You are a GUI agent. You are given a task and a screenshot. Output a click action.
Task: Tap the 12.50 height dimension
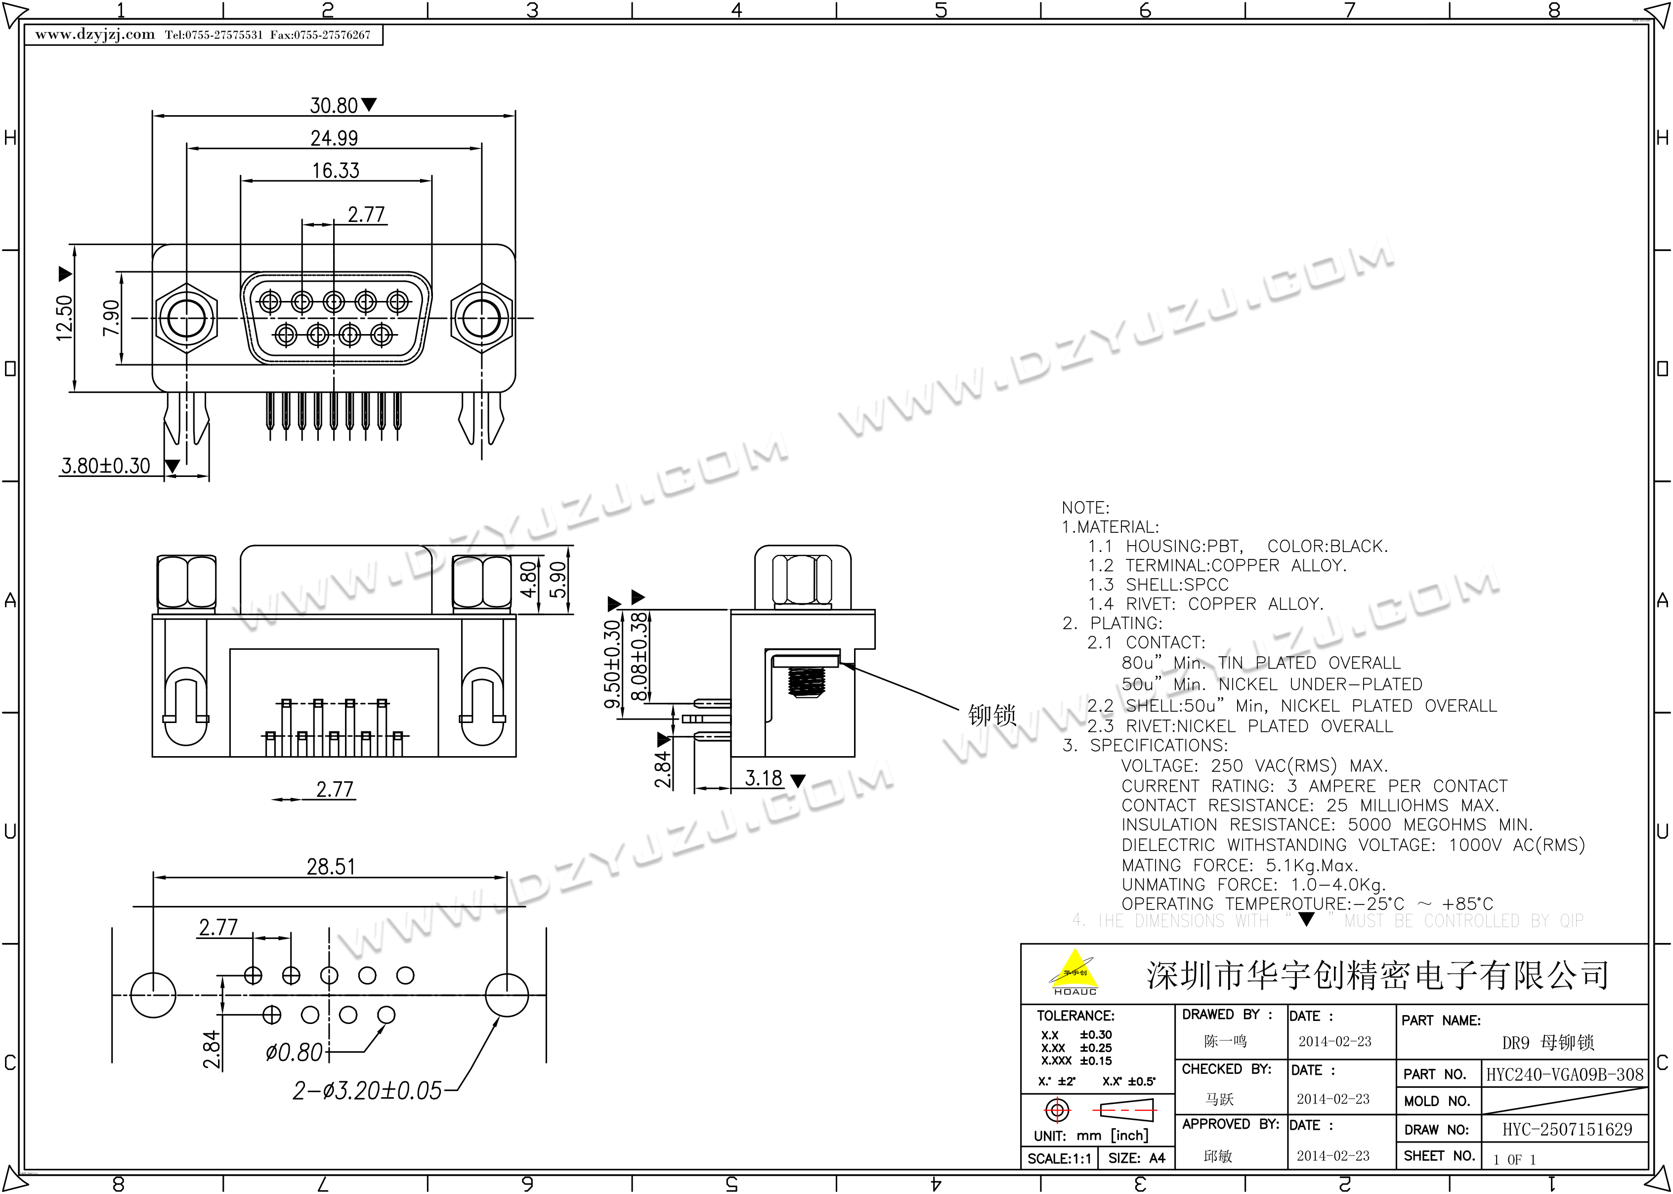(x=65, y=318)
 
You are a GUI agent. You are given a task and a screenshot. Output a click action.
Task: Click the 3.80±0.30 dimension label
(x=105, y=466)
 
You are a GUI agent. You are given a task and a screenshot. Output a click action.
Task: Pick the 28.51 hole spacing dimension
(x=331, y=867)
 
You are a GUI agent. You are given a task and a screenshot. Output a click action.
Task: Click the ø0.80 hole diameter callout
(x=294, y=1053)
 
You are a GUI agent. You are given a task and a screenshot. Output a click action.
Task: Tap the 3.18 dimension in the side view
(x=764, y=778)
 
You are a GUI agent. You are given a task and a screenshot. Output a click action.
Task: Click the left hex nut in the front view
(x=187, y=318)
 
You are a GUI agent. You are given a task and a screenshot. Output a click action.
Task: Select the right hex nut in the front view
(x=481, y=318)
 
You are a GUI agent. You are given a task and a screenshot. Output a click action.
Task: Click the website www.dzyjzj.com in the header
(x=95, y=35)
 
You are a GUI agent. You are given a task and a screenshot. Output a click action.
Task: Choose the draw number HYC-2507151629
(x=1566, y=1129)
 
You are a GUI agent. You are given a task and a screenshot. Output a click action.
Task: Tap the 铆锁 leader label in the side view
(x=991, y=715)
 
